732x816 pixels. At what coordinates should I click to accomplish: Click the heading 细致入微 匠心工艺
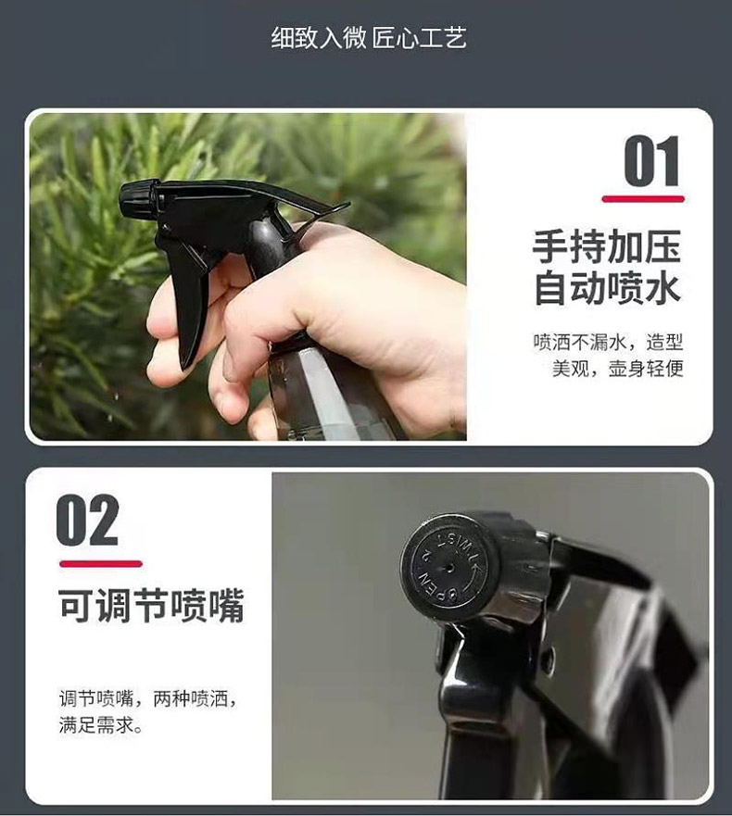coord(369,37)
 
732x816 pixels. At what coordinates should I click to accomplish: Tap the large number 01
coord(651,161)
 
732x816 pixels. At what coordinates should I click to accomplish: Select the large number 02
coord(87,520)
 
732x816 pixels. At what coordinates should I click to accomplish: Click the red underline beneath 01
coord(643,199)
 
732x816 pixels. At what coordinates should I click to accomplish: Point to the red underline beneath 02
coord(100,563)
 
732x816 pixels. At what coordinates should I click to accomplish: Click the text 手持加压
coord(607,246)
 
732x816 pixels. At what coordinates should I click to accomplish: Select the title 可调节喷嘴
coord(151,605)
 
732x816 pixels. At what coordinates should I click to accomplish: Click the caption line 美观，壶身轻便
coord(617,369)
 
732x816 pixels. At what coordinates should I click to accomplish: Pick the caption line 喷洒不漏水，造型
coord(608,343)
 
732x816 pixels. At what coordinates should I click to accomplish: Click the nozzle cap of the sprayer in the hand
coord(139,198)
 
